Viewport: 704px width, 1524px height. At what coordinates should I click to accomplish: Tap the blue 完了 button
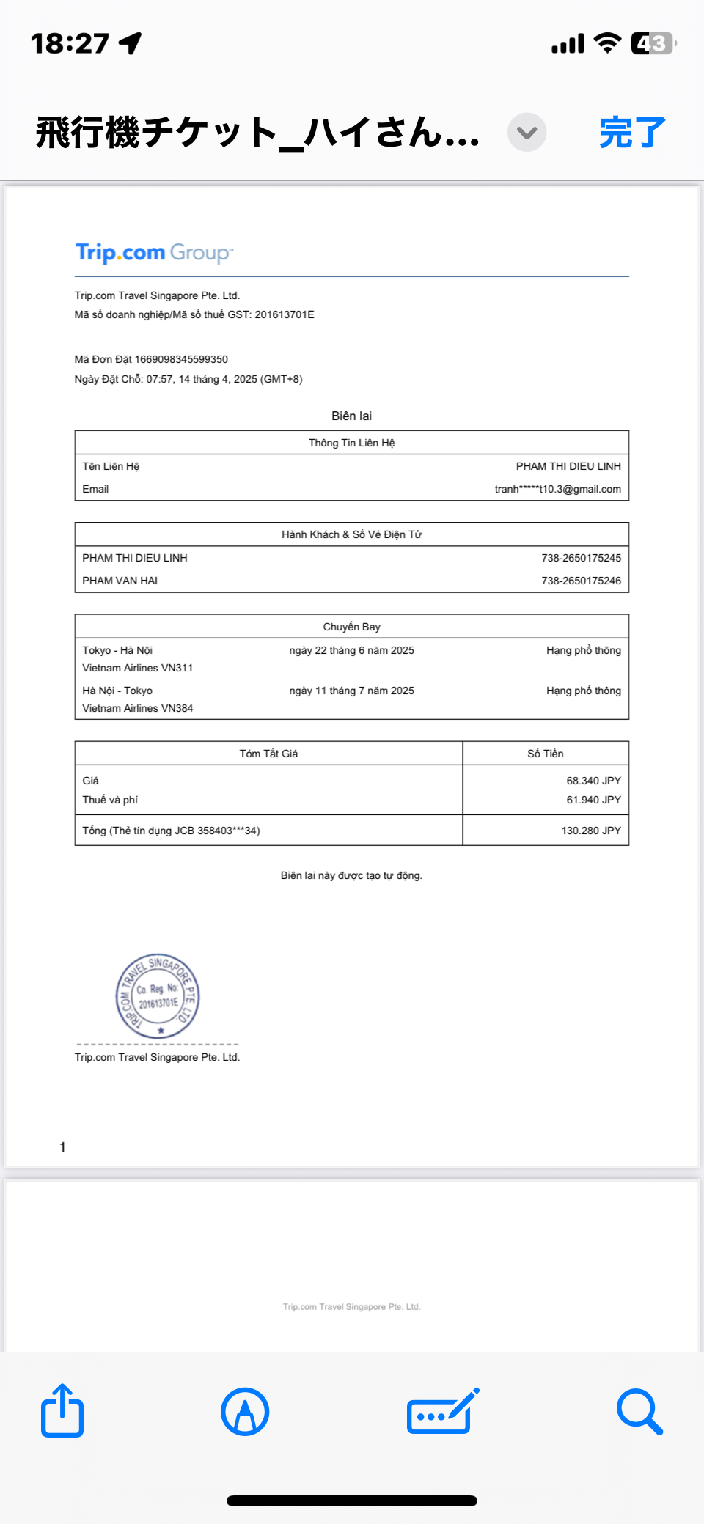click(632, 133)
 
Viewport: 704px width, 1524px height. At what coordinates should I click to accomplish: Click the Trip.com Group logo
click(154, 253)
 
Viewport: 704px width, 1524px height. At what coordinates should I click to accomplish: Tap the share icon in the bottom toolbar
click(62, 1410)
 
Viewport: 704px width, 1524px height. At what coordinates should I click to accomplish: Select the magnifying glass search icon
click(639, 1411)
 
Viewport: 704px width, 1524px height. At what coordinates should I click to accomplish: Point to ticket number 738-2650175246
click(581, 581)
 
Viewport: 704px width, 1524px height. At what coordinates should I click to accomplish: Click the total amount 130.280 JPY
click(591, 831)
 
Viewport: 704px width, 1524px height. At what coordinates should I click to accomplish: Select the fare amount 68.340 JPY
click(593, 781)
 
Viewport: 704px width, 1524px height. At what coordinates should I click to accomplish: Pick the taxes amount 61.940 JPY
click(593, 800)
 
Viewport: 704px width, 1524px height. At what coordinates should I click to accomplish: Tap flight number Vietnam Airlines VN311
click(138, 668)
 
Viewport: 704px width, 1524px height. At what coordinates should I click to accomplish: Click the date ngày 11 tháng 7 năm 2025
click(351, 691)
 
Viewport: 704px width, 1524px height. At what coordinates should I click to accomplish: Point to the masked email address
click(557, 489)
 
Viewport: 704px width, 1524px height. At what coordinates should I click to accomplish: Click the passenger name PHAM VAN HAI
click(120, 581)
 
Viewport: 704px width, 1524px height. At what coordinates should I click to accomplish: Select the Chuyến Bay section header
click(351, 627)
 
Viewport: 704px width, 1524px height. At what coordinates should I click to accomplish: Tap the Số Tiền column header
click(546, 754)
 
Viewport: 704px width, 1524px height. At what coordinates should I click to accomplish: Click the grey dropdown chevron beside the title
click(527, 133)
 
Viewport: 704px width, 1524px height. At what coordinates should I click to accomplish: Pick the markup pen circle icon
click(245, 1411)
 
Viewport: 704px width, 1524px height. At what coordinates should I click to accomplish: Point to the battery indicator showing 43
click(652, 43)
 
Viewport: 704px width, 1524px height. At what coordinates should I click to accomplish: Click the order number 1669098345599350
click(181, 359)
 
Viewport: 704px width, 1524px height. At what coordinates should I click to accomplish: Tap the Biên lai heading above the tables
click(351, 416)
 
